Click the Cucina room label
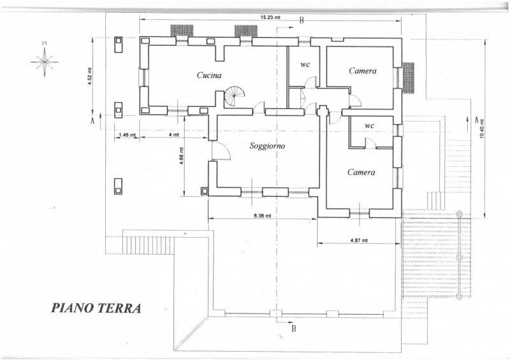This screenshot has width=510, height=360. coord(209,75)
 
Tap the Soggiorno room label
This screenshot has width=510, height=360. coord(267,146)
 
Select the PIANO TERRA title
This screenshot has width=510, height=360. coord(96,308)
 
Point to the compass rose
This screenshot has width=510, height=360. coord(45,61)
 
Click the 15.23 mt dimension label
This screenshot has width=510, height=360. coord(270,18)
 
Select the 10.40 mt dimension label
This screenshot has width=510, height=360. coord(482,129)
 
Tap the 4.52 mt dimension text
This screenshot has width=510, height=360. coord(90,76)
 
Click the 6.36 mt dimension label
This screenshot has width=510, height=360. coord(262,215)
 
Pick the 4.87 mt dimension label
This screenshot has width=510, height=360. coord(359,241)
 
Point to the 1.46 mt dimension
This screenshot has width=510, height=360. coord(127,135)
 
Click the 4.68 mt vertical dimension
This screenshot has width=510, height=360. coord(182,156)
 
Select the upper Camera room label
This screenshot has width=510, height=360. coord(363,71)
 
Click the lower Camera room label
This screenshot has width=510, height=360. coord(361,172)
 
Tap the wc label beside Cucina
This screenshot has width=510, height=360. coord(305,64)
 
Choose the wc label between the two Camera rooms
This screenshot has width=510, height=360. coord(370,125)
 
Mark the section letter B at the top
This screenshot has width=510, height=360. coord(301,20)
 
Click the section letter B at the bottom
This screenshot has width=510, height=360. coord(294,328)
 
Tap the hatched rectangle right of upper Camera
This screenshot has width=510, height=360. coord(409,78)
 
